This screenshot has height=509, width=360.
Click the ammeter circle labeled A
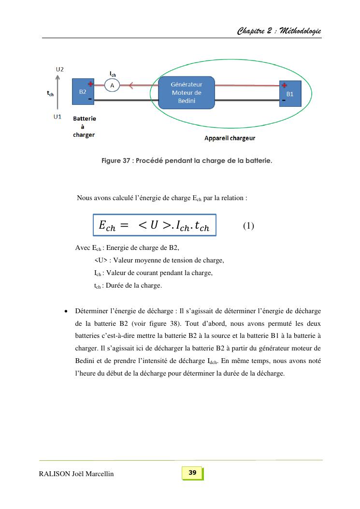click(113, 86)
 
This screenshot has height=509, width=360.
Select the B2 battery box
click(83, 92)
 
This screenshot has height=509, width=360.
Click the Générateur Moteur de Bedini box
click(187, 92)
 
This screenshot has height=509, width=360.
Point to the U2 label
click(59, 69)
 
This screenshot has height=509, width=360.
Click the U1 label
click(58, 117)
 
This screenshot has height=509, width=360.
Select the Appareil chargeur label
click(230, 138)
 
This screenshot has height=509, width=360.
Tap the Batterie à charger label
click(85, 127)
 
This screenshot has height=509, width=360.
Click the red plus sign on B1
click(284, 85)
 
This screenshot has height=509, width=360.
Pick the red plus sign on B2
click(90, 84)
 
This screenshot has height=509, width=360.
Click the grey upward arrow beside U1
click(58, 94)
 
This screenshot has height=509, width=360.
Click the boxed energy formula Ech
click(154, 225)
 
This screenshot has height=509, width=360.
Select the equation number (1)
click(248, 226)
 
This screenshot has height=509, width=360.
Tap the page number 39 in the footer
click(192, 473)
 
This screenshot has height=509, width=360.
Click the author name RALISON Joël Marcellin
click(76, 474)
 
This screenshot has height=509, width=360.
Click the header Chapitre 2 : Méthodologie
click(279, 31)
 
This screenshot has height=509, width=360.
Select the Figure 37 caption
click(187, 160)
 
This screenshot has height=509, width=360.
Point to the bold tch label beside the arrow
click(50, 94)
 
